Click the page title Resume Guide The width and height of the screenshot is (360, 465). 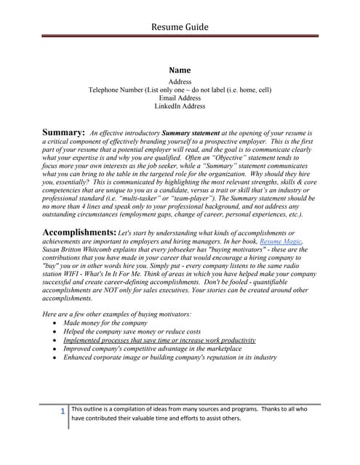[180, 27]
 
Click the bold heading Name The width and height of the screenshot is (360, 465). [180, 70]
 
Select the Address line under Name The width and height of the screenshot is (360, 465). [180, 82]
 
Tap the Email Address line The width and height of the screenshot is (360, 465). [180, 98]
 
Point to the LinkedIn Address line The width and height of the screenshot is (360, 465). [180, 106]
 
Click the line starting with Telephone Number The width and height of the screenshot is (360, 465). [180, 90]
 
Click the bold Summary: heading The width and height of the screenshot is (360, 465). [63, 133]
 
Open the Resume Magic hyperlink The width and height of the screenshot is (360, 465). [280, 240]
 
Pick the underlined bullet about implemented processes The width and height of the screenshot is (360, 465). [159, 340]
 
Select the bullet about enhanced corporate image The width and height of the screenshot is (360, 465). [170, 357]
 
